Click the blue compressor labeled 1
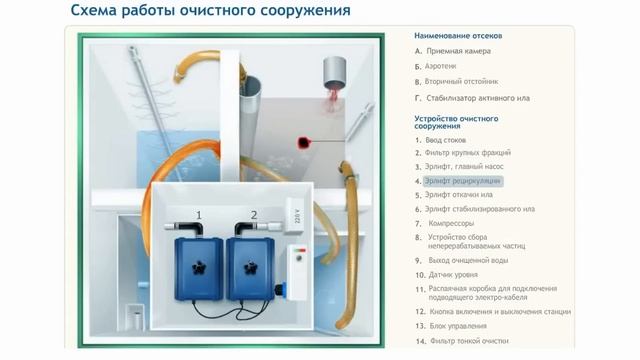pyautogui.click(x=197, y=267)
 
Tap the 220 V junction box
pyautogui.click(x=294, y=212)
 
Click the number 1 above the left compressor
pyautogui.click(x=198, y=215)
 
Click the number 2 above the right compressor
pyautogui.click(x=253, y=215)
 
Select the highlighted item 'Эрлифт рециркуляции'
pyautogui.click(x=462, y=181)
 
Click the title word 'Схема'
pyautogui.click(x=98, y=12)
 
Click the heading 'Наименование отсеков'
pyautogui.click(x=458, y=35)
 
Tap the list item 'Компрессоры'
pyautogui.click(x=451, y=223)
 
